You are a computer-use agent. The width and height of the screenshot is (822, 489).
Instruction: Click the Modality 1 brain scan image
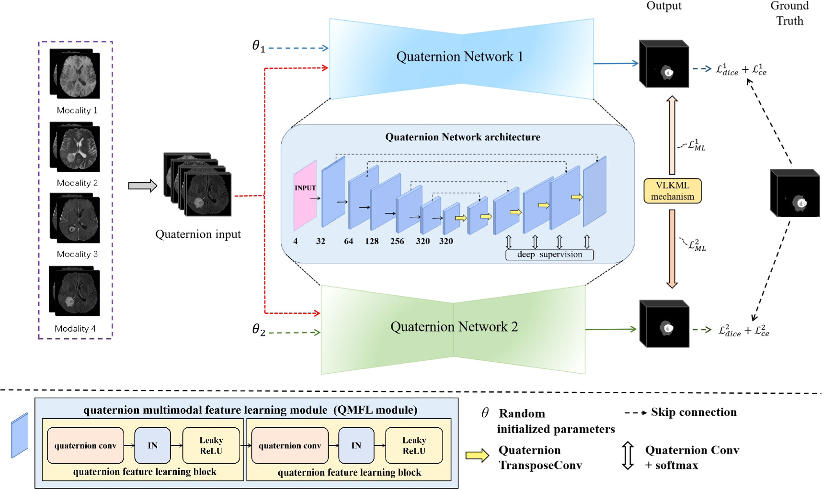(75, 75)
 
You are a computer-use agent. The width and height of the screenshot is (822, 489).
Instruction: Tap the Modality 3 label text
(77, 254)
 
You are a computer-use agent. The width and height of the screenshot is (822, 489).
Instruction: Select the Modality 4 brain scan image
(75, 292)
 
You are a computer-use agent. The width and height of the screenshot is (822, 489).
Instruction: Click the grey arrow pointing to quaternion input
(142, 186)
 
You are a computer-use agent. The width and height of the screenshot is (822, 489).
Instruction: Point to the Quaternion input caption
(198, 234)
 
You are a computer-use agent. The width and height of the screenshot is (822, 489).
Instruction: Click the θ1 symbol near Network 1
(258, 46)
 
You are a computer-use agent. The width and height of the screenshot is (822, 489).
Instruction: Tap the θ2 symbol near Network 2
(258, 330)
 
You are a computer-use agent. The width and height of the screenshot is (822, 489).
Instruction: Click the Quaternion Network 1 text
(459, 57)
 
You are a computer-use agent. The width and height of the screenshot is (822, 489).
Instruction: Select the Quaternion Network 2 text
(454, 327)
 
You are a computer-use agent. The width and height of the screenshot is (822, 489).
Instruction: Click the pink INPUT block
(305, 195)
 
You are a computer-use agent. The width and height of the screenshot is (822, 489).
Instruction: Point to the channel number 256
(397, 241)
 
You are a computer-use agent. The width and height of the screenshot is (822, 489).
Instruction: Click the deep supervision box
(549, 255)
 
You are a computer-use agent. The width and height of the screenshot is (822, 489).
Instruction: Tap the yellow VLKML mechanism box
(672, 191)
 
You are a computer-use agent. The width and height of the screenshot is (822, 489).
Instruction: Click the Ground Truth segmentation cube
(795, 193)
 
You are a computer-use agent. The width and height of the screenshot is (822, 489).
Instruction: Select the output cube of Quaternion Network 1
(664, 65)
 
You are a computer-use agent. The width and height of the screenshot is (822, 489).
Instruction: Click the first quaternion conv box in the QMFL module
(85, 445)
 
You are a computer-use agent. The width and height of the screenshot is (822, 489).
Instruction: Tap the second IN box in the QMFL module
(356, 445)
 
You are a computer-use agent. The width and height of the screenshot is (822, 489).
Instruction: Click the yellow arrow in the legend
(477, 456)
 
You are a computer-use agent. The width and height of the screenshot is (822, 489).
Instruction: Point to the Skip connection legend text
(693, 412)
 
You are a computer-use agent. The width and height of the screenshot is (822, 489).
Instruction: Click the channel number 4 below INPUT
(296, 241)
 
